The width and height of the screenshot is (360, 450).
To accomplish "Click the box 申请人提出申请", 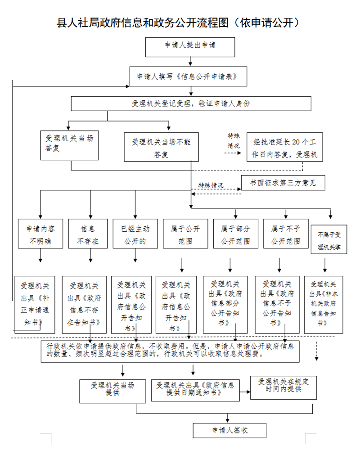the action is [x=190, y=47].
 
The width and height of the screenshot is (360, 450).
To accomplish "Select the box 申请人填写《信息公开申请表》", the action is [x=189, y=76].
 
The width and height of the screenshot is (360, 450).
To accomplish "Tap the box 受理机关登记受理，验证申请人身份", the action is [x=191, y=103].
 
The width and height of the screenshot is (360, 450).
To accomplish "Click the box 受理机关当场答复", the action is [x=69, y=145].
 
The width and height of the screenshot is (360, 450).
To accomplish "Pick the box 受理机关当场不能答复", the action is [x=162, y=147].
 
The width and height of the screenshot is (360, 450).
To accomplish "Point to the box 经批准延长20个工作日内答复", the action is [x=285, y=147].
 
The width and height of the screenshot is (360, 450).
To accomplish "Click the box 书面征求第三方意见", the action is [x=283, y=183].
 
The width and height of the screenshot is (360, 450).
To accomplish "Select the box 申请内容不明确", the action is [x=40, y=234].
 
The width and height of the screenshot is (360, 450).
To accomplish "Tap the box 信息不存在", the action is [x=88, y=234].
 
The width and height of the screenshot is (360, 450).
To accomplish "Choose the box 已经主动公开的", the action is [x=135, y=234].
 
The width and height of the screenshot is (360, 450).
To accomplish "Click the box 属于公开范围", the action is [x=185, y=234].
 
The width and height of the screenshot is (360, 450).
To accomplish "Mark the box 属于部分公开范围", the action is [x=236, y=234].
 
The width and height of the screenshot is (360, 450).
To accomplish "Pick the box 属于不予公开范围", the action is [x=286, y=234].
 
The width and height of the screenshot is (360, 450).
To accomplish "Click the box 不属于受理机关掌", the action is [x=329, y=239].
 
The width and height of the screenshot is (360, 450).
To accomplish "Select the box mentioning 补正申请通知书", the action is [x=35, y=305].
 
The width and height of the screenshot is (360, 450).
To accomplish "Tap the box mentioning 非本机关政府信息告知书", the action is [x=324, y=305].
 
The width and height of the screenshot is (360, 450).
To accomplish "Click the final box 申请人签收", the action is [x=229, y=431].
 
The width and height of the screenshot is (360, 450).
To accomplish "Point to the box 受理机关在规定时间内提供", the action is [x=283, y=388].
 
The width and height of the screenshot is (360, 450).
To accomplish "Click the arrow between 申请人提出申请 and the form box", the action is [x=190, y=61].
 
